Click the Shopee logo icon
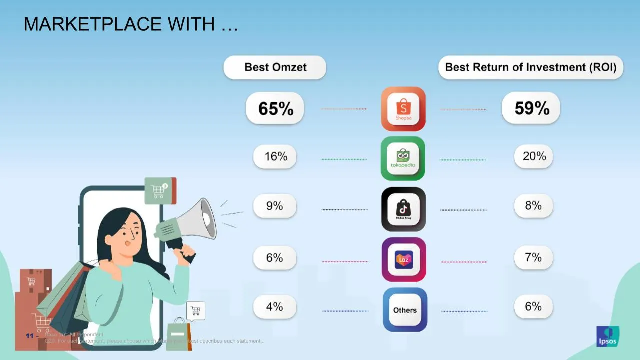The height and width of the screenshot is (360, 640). pyautogui.click(x=403, y=109)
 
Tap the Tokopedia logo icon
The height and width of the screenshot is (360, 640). pyautogui.click(x=403, y=158)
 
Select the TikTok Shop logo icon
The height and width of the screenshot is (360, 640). pyautogui.click(x=403, y=209)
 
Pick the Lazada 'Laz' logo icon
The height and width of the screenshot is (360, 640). pyautogui.click(x=404, y=260)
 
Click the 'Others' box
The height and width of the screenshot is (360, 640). pyautogui.click(x=405, y=310)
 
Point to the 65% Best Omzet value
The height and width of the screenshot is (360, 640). pyautogui.click(x=275, y=108)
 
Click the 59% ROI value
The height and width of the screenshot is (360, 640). pyautogui.click(x=531, y=108)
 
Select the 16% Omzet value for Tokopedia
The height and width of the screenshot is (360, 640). pyautogui.click(x=276, y=156)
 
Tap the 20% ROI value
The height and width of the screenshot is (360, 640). pyautogui.click(x=534, y=156)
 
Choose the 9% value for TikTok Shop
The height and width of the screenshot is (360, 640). pyautogui.click(x=274, y=205)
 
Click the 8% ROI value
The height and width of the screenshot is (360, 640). pyautogui.click(x=533, y=205)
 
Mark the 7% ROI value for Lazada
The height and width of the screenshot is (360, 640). pyautogui.click(x=533, y=257)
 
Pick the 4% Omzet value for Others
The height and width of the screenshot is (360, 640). pyautogui.click(x=274, y=306)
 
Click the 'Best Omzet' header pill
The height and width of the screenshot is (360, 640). pyautogui.click(x=275, y=67)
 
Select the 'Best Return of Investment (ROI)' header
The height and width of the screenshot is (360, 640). pyautogui.click(x=531, y=67)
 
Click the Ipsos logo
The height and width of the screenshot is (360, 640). pyautogui.click(x=607, y=336)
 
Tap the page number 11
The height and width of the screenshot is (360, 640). pyautogui.click(x=30, y=336)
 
